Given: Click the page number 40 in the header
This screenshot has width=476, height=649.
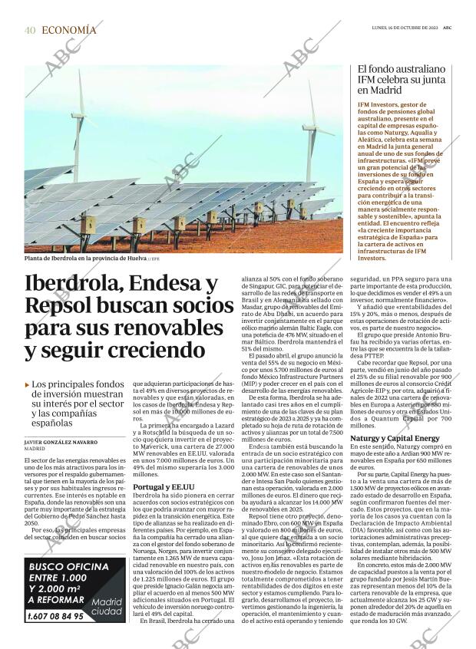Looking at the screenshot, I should click(29, 30).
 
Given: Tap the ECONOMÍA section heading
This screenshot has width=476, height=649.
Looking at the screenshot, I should click(69, 30).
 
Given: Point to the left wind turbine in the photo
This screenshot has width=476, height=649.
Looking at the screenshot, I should click(80, 127).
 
